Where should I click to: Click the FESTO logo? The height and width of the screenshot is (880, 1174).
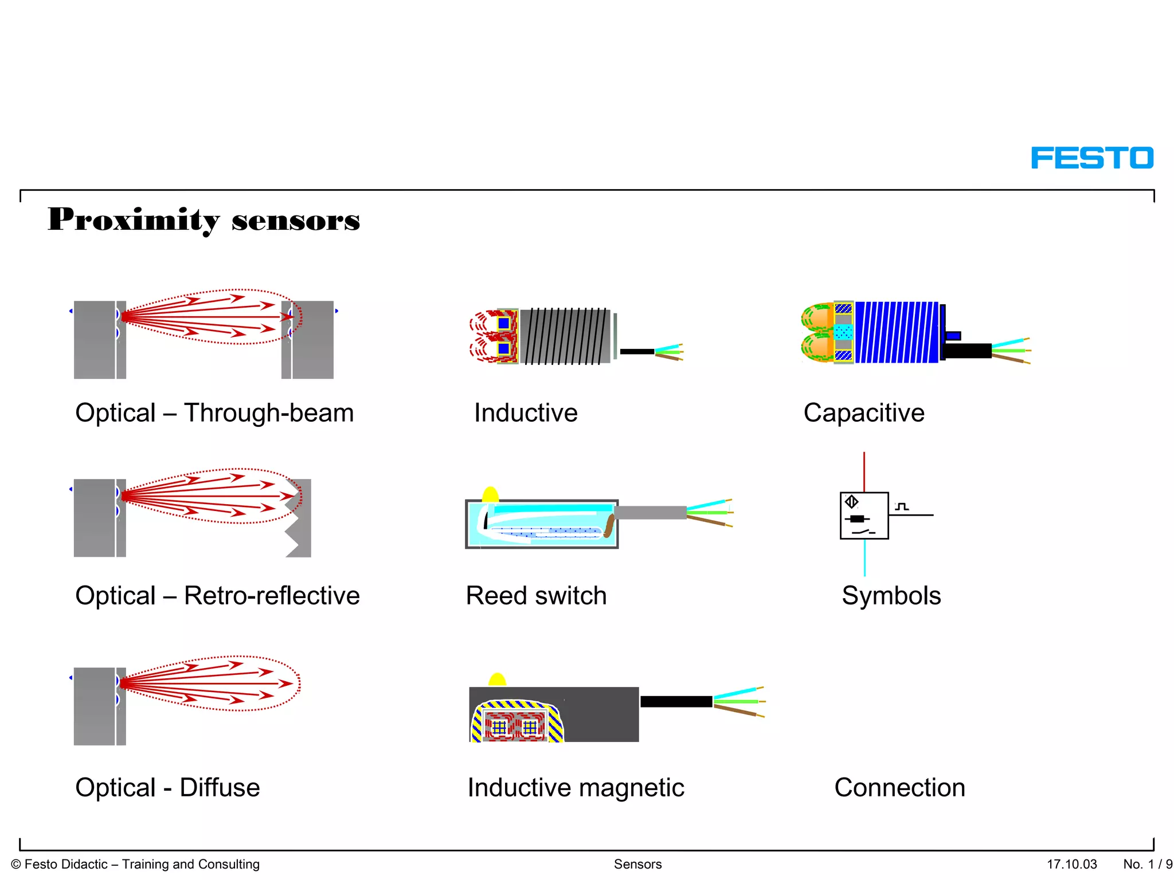point(1091,158)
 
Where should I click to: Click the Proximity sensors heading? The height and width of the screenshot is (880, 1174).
point(204,219)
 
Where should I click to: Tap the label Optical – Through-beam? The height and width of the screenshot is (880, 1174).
point(214,413)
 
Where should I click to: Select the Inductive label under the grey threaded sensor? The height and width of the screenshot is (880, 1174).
point(526,413)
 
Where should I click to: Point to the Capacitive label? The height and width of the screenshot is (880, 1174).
point(864,413)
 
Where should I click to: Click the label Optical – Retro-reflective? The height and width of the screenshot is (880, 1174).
point(217,596)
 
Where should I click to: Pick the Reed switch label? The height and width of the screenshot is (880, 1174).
point(536,596)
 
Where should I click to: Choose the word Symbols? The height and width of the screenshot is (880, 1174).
point(891,596)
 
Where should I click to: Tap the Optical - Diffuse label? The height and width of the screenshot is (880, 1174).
point(167,788)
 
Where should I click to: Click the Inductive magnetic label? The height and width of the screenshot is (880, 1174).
point(576,788)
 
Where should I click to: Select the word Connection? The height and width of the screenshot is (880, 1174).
point(899,788)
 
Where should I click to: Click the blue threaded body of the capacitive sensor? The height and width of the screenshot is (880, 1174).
point(897,333)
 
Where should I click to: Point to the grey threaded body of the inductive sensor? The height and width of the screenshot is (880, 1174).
point(565,336)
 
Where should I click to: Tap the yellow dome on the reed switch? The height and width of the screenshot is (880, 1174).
point(490,494)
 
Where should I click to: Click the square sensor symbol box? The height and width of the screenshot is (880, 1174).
point(864,516)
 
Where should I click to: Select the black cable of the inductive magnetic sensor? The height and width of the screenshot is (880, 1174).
point(676,701)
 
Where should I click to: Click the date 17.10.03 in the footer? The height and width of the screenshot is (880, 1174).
point(1071,864)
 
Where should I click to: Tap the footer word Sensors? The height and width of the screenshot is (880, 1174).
point(637,864)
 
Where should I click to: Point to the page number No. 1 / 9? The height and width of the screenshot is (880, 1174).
point(1147,864)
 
